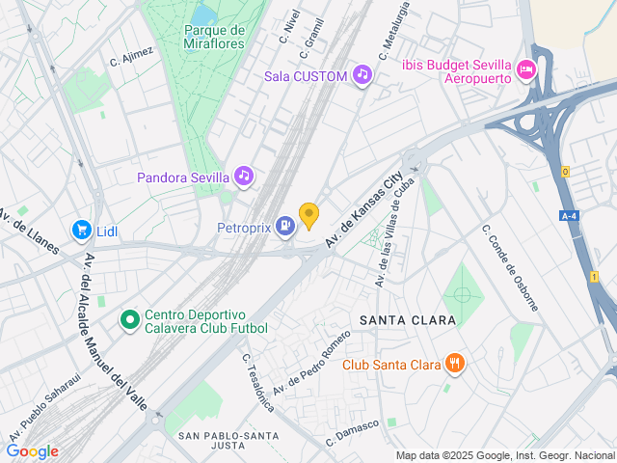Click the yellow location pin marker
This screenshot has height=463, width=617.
tap(308, 215)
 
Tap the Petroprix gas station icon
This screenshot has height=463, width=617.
tap(284, 226)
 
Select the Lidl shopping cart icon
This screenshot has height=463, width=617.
tap(82, 231)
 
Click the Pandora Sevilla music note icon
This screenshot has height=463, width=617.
tap(244, 177)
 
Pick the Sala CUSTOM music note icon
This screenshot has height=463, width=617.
tap(362, 74)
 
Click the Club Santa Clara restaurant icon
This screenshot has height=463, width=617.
tap(455, 364)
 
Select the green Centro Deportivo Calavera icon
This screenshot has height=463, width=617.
tap(129, 318)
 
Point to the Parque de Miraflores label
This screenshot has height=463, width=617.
tap(214, 37)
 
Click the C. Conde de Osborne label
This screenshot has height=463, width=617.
tap(510, 267)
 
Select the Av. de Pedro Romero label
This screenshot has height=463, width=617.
tap(311, 362)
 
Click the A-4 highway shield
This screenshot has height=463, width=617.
tap(571, 216)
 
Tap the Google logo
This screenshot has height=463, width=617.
tap(32, 450)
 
